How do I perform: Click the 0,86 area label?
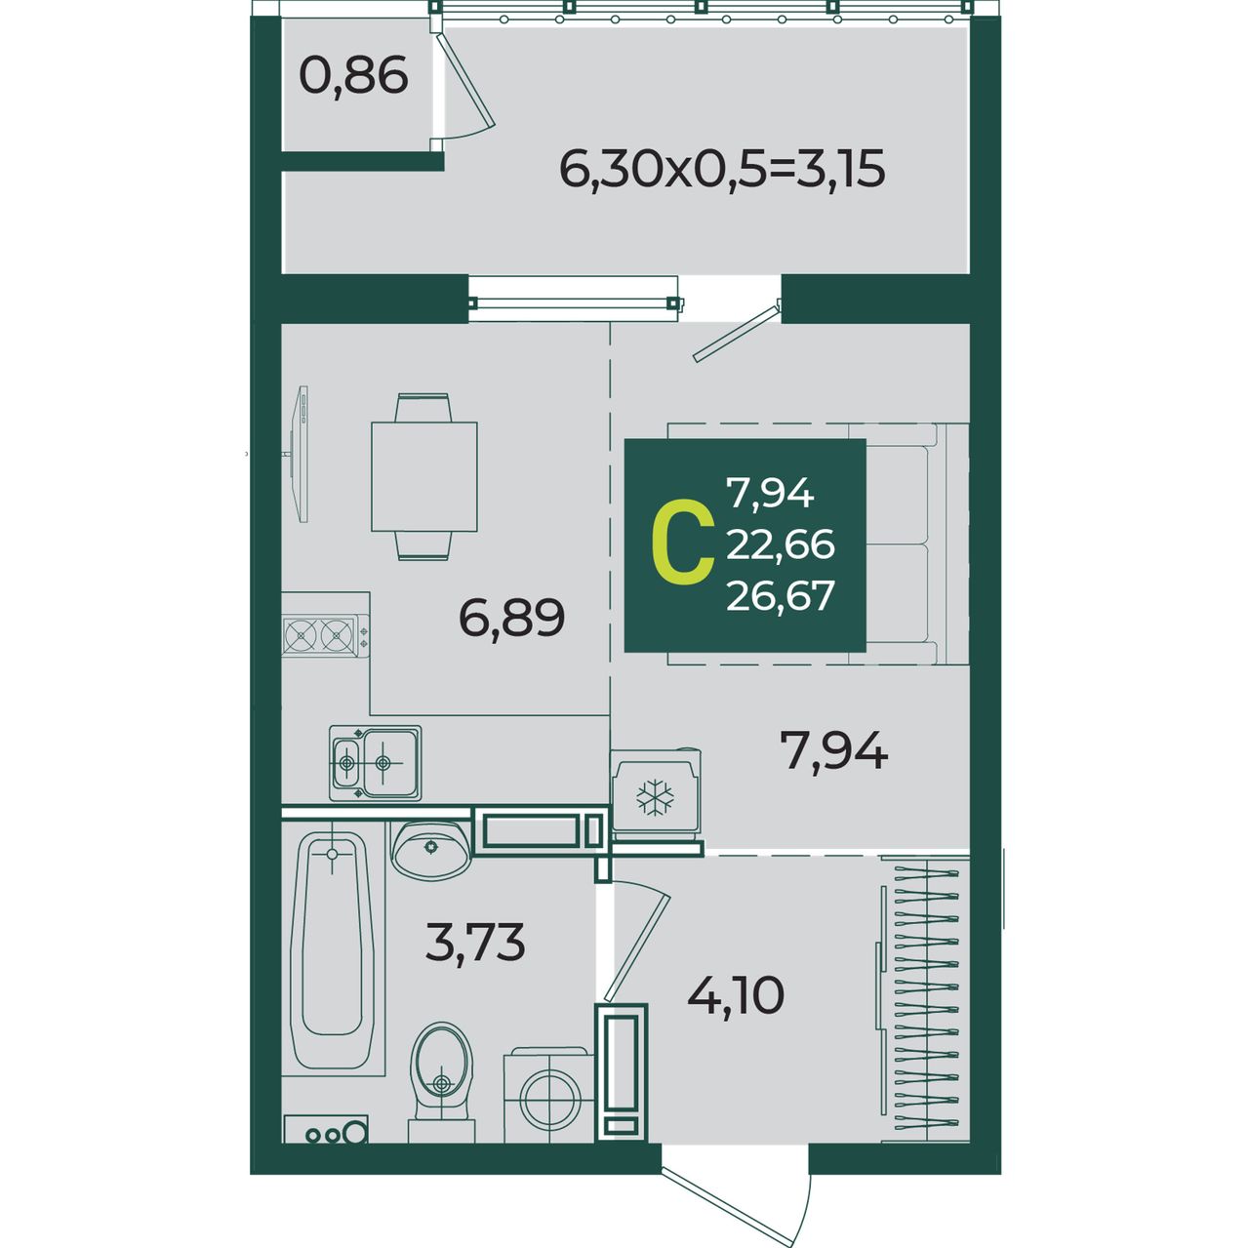pos(353,77)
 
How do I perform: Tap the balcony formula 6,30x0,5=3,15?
pos(722,170)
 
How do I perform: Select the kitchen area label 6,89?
pos(512,618)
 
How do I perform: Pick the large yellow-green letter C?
pos(682,544)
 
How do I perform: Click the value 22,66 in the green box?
pos(781,544)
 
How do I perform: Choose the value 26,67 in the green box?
pos(781,595)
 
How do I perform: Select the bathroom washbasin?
pos(431,849)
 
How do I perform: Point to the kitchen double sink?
pos(376,763)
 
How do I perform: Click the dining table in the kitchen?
pos(423,476)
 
